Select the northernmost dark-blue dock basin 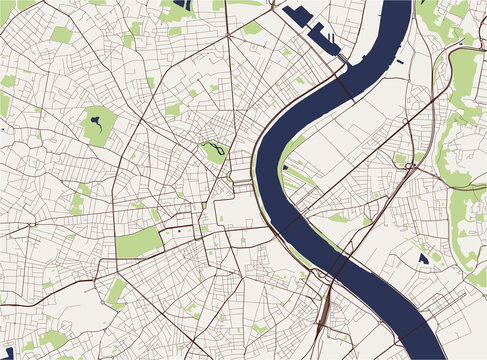coord(298,16)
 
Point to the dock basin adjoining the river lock coord(325,39)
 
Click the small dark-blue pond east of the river coord(423,258)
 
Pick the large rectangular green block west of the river coord(139,241)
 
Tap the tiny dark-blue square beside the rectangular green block coord(179,231)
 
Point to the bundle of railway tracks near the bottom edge coord(323,320)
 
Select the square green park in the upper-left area coord(61,35)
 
